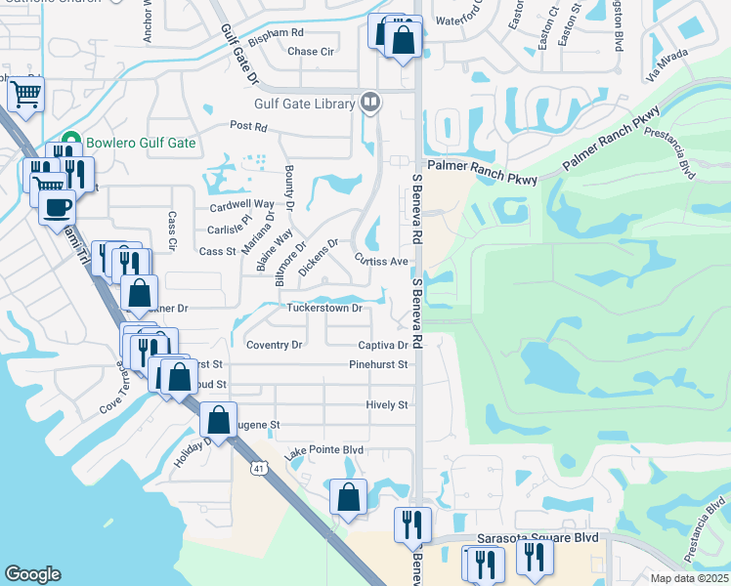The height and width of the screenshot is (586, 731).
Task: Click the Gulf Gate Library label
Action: [x=307, y=102]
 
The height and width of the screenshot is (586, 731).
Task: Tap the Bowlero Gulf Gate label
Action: [x=141, y=143]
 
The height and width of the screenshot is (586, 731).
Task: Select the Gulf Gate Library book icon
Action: [x=370, y=101]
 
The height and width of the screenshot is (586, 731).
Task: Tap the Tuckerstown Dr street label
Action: [x=324, y=308]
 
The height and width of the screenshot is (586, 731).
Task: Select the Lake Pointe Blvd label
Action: [x=324, y=450]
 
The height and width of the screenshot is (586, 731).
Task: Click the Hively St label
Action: [x=387, y=404]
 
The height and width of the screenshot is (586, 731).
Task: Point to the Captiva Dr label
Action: [x=382, y=345]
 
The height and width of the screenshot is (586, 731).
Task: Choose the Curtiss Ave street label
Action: [x=381, y=262]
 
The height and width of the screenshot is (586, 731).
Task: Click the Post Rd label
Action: [x=248, y=126]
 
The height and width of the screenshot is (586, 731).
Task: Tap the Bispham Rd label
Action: [x=276, y=32]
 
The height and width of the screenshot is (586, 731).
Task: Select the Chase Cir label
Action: [x=311, y=51]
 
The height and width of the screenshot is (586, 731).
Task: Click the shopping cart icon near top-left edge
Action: [x=25, y=95]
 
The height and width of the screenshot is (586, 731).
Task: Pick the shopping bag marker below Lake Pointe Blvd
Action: [x=348, y=496]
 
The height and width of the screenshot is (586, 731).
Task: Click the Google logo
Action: [x=32, y=574]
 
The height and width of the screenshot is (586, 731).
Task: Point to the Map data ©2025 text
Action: [x=689, y=578]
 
